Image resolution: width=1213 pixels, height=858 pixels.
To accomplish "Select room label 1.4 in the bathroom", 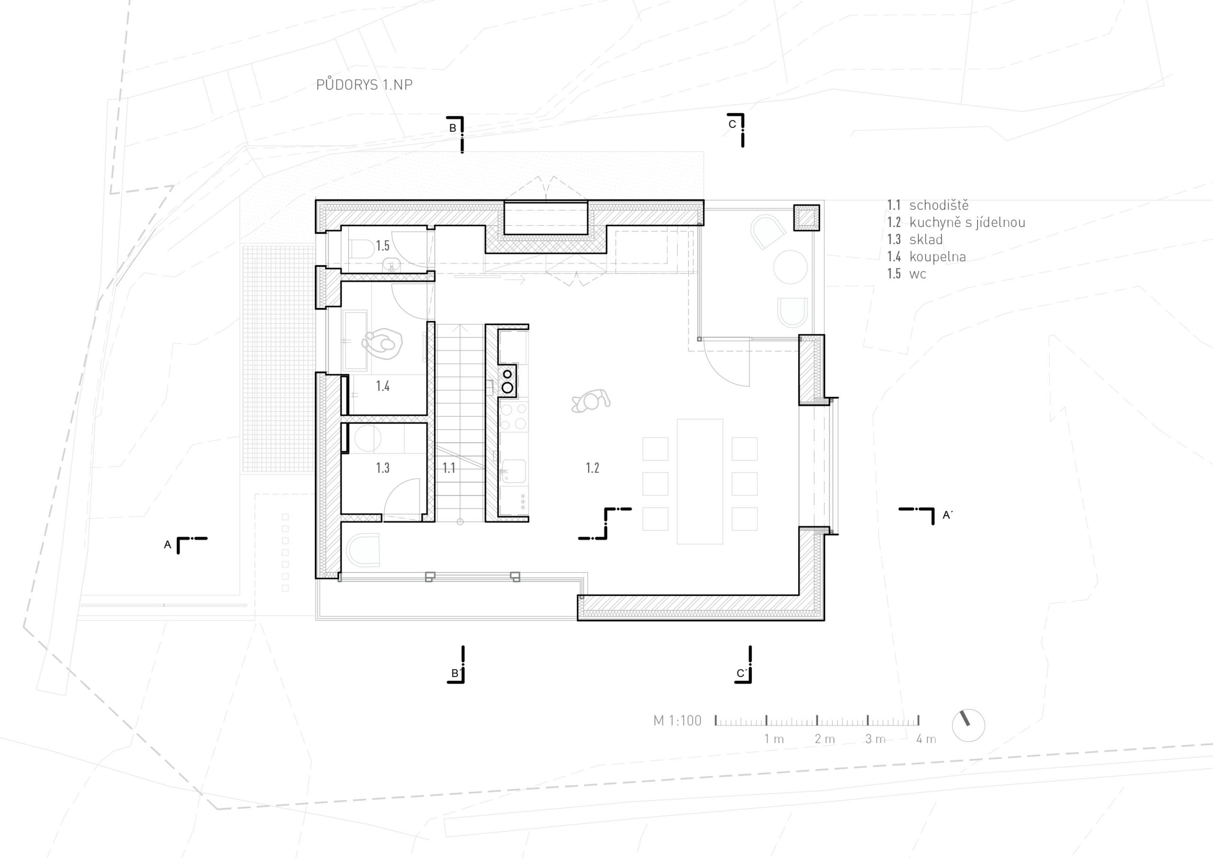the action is (x=382, y=386).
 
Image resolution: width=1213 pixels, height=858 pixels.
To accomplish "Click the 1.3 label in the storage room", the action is (x=382, y=468).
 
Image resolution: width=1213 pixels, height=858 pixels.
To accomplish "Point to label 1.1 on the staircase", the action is (x=449, y=468).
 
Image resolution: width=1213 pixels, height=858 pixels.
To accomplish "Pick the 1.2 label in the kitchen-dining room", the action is (x=592, y=468).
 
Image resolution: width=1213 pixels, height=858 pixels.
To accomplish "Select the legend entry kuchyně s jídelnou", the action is (x=968, y=223).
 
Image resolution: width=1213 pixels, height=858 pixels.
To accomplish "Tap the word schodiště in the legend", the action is (x=939, y=205).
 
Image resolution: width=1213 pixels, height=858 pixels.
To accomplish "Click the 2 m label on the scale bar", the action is (x=824, y=739).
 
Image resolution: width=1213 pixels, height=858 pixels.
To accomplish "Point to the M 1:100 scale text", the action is (x=677, y=721).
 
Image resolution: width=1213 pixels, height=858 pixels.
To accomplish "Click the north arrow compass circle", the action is (x=969, y=725).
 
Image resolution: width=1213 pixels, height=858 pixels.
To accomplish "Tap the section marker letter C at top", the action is (x=732, y=124).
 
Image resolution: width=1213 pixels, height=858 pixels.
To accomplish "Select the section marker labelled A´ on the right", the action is (x=947, y=515).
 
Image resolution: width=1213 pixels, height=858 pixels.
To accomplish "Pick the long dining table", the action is (x=700, y=482).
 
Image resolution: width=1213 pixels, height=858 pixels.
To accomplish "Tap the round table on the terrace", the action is (x=790, y=267).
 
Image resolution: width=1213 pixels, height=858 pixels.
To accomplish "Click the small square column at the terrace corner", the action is (x=806, y=218).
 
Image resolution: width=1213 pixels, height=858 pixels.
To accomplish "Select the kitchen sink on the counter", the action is (x=513, y=471).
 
